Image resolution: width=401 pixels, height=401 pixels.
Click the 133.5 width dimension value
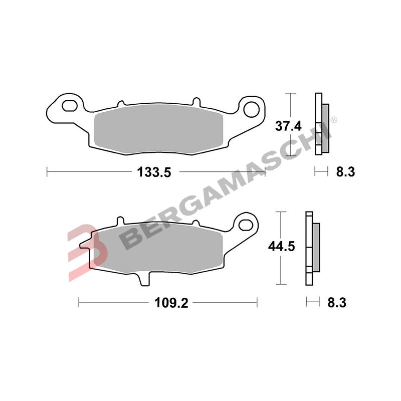(x=154, y=172)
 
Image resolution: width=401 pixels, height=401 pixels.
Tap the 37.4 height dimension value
(x=288, y=126)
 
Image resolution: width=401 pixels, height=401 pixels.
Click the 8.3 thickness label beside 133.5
(x=345, y=172)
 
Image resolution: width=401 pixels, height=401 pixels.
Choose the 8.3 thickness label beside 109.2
(x=337, y=303)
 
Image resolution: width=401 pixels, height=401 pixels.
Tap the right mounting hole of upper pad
(x=251, y=108)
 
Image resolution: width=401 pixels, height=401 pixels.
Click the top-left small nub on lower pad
(x=119, y=221)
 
